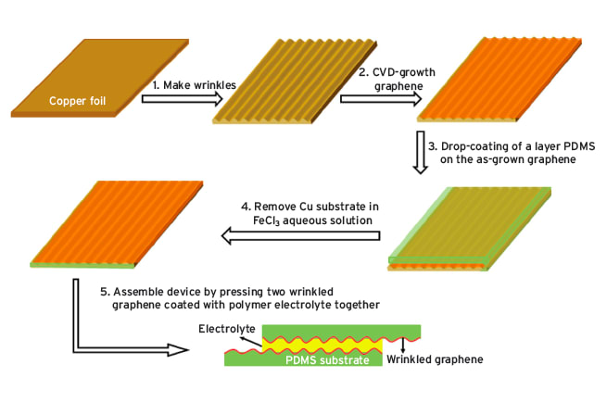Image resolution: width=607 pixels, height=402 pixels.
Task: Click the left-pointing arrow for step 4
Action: tap(299, 238)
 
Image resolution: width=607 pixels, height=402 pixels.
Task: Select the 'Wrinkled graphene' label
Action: tap(436, 358)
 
